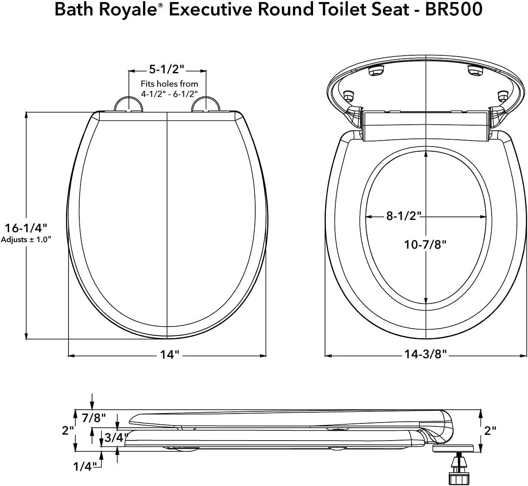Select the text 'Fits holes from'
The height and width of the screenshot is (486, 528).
169,84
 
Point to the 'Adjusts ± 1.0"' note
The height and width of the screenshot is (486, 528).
26,240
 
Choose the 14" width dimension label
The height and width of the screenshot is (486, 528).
169,355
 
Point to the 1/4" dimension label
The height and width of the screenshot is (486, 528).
83,466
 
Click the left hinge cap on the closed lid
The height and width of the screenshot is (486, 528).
128,104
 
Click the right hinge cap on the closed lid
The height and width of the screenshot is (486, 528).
206,104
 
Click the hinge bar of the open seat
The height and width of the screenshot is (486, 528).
425,125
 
